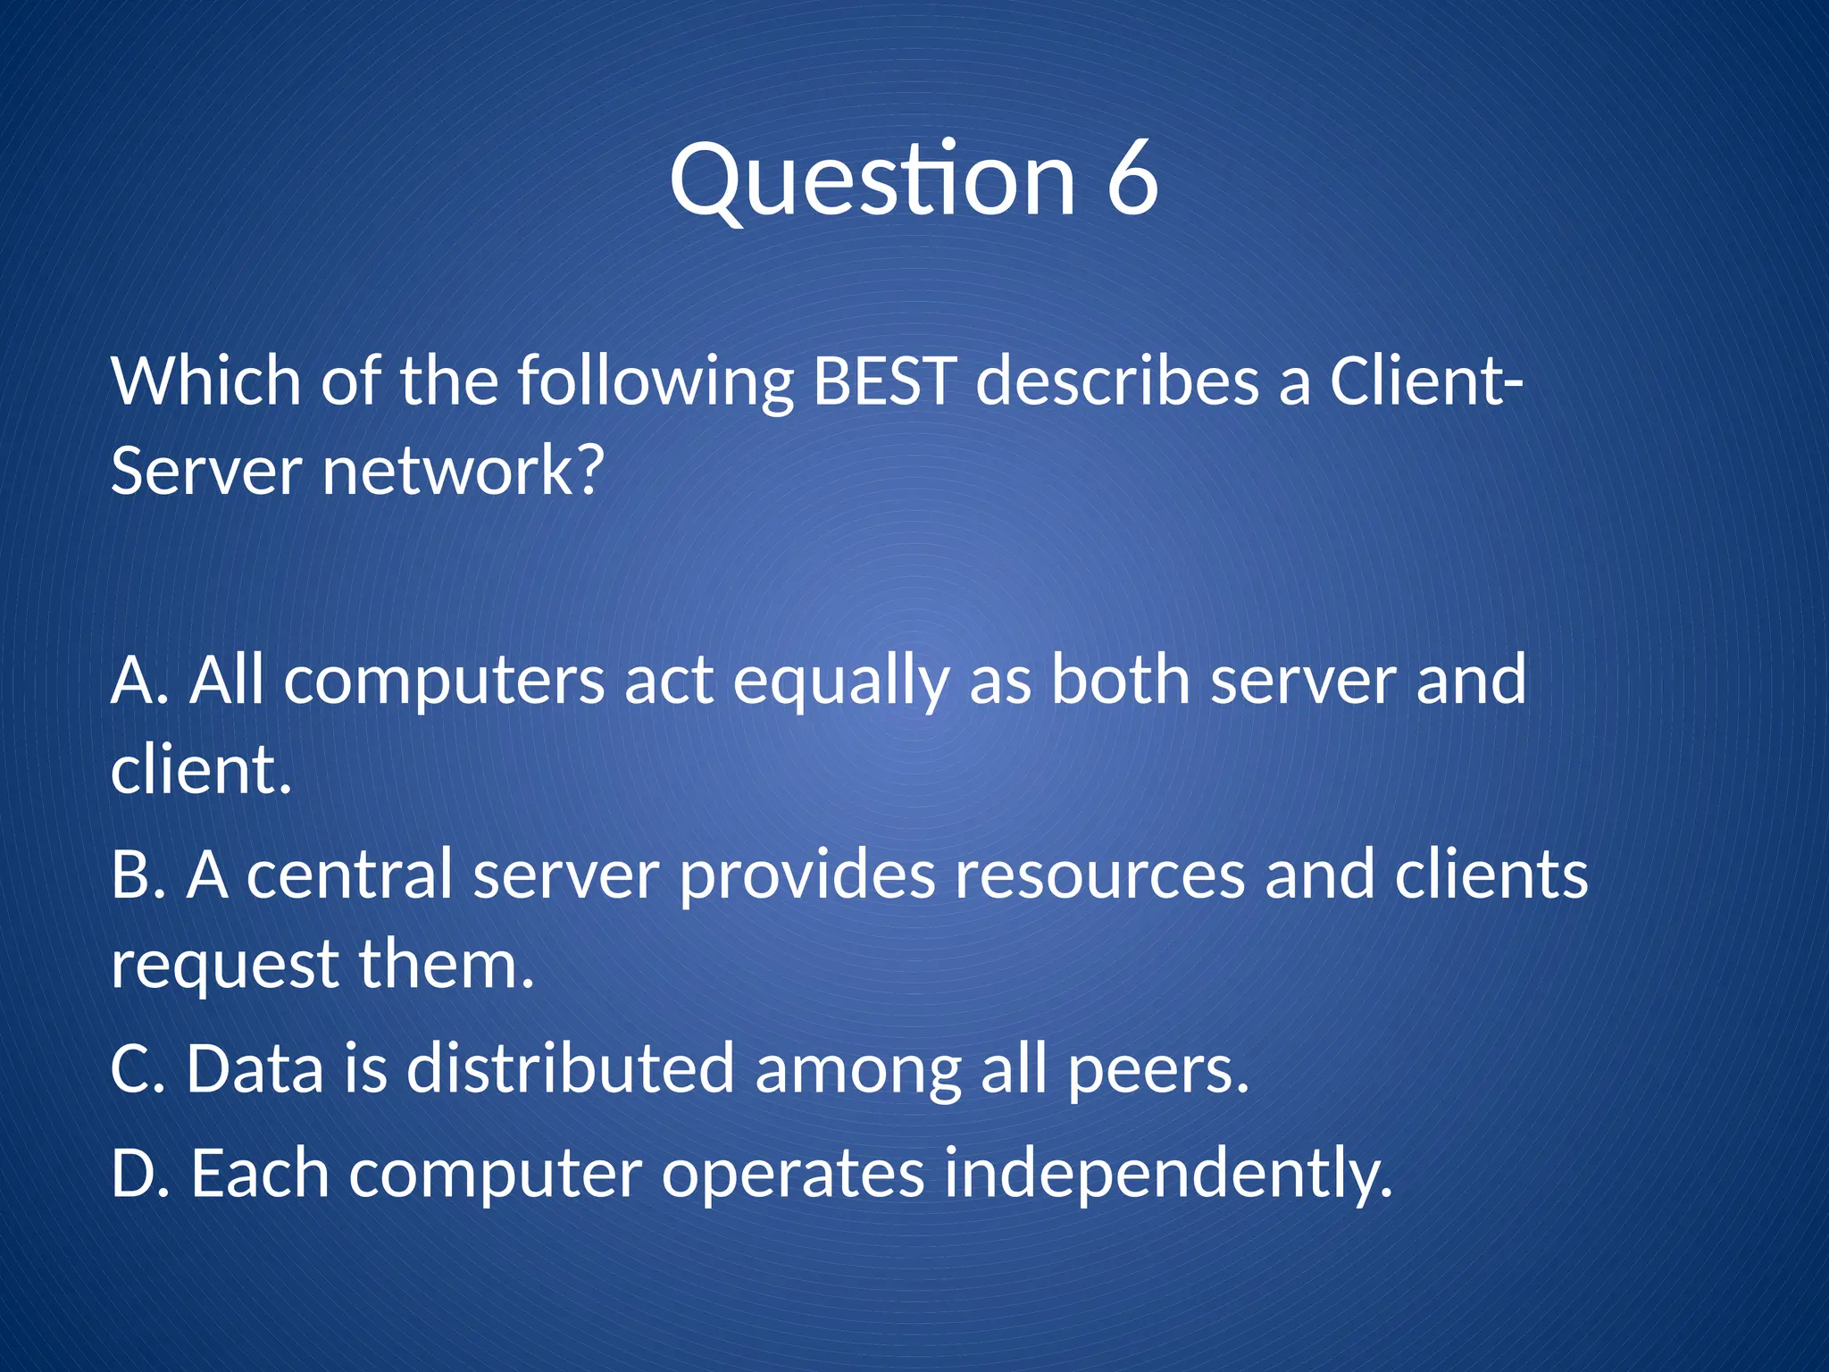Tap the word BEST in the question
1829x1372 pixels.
click(x=884, y=381)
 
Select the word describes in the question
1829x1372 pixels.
click(x=1116, y=381)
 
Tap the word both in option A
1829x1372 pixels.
click(x=1120, y=681)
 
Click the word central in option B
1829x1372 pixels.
click(x=349, y=875)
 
